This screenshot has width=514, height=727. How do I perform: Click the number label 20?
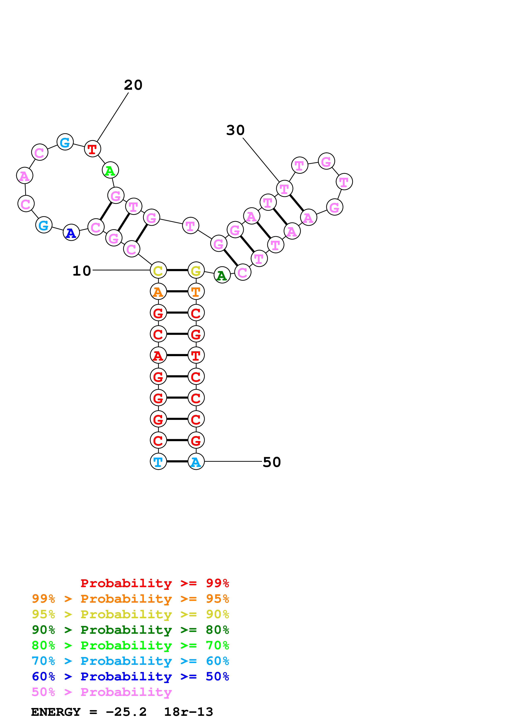133,85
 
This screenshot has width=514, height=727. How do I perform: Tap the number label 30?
235,130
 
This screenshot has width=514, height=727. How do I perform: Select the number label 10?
82,271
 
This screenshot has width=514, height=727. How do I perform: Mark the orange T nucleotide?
196,291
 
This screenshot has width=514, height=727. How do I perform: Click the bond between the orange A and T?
177,291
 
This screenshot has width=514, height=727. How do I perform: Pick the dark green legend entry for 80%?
130,630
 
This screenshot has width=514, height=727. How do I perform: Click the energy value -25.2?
126,712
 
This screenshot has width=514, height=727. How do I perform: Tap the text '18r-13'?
188,712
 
